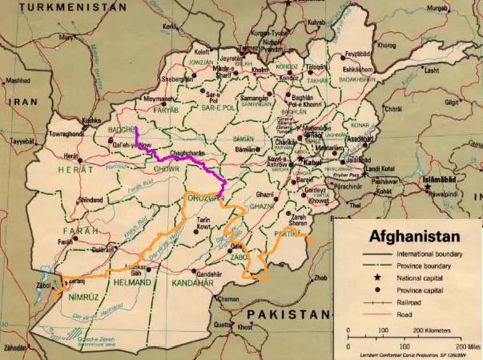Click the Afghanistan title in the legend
pyautogui.click(x=413, y=237)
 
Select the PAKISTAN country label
pyautogui.click(x=288, y=313)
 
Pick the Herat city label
pyautogui.click(x=71, y=156)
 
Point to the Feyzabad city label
pyautogui.click(x=358, y=55)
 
